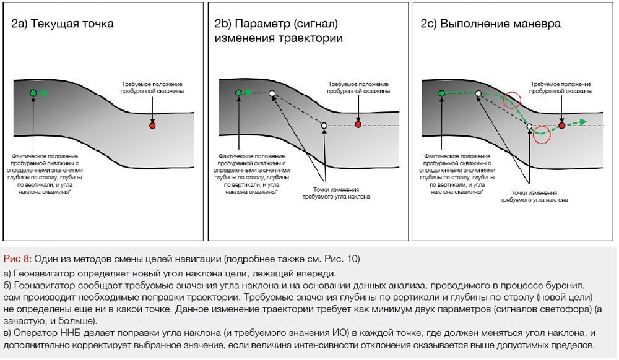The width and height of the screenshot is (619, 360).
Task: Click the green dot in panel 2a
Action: pyautogui.click(x=33, y=93)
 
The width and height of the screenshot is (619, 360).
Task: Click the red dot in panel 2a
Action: pyautogui.click(x=152, y=126)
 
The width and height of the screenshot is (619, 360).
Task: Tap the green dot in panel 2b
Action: pyautogui.click(x=239, y=93)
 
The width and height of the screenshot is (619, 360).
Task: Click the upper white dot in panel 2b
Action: pyautogui.click(x=272, y=93)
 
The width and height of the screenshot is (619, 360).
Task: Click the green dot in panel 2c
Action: pyautogui.click(x=441, y=93)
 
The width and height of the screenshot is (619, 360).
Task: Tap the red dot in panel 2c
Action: pyautogui.click(x=561, y=126)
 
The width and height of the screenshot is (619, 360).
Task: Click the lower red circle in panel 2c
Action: pyautogui.click(x=542, y=135)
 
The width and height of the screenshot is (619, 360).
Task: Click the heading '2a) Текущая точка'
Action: pyautogui.click(x=63, y=24)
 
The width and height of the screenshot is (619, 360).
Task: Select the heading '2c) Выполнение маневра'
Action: pyautogui.click(x=491, y=24)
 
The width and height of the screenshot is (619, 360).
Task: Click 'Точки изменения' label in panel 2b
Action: pyautogui.click(x=335, y=189)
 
